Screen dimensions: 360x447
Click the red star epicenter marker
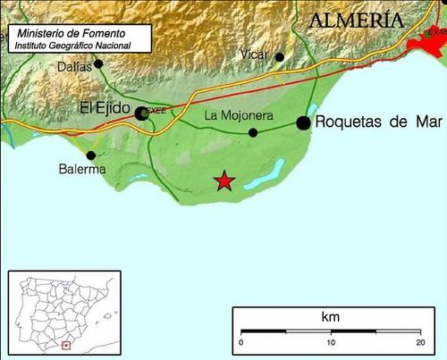point(224,181)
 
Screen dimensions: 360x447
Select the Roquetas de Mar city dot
point(304,122)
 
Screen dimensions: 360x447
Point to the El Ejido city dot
point(141,113)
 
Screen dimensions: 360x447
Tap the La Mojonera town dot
point(253,132)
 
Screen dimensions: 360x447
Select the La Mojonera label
point(238,115)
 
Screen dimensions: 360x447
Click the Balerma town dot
point(91,155)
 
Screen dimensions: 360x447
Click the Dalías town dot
point(98,63)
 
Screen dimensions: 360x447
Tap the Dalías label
point(73,65)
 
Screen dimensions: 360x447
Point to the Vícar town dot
point(279,57)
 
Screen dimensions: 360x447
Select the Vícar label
point(255,55)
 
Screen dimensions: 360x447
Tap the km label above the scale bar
point(330,317)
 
